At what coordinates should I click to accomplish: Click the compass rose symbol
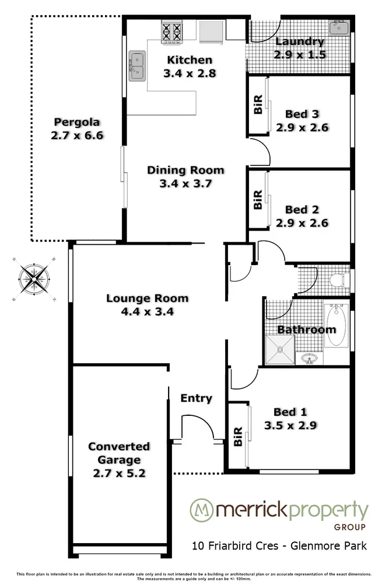point(34,279)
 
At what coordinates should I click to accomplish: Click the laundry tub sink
point(338,27)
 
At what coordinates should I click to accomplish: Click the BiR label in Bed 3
point(257,106)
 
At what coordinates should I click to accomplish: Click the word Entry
point(196,398)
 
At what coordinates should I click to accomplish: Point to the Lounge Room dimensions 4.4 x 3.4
point(147,311)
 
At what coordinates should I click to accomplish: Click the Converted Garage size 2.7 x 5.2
point(119,473)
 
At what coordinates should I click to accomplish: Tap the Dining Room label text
point(185,171)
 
